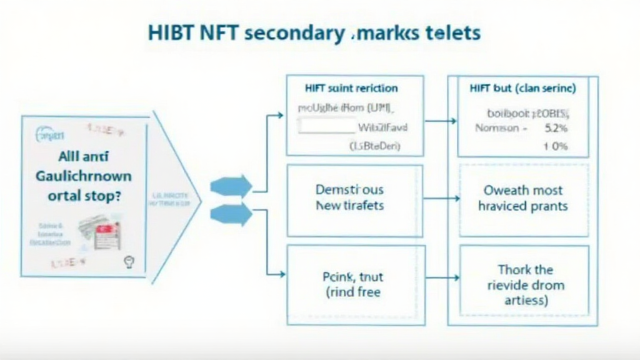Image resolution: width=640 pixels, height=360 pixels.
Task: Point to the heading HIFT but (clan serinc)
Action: pos(522,88)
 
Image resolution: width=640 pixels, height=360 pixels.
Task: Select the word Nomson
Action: pos(497,129)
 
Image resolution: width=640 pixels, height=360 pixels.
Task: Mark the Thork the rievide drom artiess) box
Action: pos(524,285)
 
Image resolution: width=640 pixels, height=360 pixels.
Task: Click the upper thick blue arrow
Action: pos(231,186)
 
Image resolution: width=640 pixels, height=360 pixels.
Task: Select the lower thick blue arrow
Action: pos(231,214)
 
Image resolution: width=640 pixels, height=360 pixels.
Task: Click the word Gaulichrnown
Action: pos(83,176)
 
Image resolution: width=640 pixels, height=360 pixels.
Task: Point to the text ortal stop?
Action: pos(83,195)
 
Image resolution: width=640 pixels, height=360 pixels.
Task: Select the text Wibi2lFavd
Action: pos(382,129)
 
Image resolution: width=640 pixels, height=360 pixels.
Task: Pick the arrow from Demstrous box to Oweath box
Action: pos(441,199)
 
